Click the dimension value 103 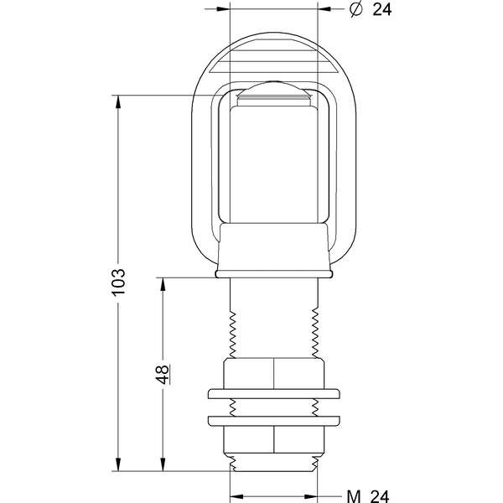click(x=118, y=281)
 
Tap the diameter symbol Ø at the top click(x=355, y=9)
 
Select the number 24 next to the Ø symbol click(x=382, y=9)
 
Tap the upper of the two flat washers click(x=274, y=394)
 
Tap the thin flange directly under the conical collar click(x=274, y=273)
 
